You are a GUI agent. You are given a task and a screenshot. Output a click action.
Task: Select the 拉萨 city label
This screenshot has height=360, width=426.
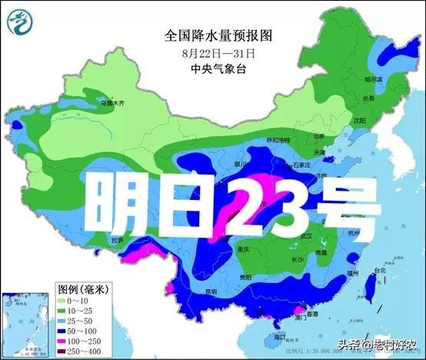click(117, 240)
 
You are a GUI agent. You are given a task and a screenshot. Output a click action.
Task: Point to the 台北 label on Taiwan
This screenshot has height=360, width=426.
click(380, 271)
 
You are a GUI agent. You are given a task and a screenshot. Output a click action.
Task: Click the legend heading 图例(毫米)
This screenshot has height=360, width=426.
click(81, 287)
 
